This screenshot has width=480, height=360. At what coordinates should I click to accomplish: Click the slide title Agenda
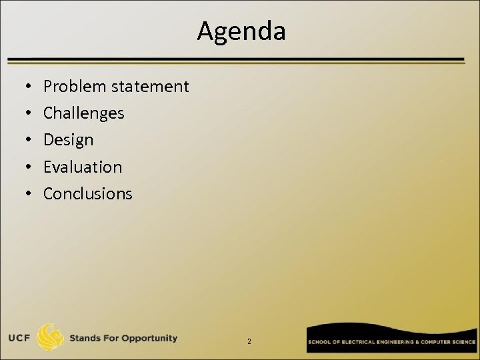click(241, 31)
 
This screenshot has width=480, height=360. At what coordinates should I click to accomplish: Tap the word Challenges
click(83, 113)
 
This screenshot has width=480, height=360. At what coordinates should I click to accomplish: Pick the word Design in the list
click(68, 140)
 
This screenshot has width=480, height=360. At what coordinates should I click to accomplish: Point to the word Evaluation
click(83, 167)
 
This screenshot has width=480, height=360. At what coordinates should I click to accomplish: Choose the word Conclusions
click(87, 193)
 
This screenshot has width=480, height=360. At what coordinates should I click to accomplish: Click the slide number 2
click(249, 341)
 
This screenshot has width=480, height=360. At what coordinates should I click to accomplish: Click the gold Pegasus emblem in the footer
click(52, 337)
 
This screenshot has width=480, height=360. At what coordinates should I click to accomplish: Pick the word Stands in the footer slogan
click(88, 338)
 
